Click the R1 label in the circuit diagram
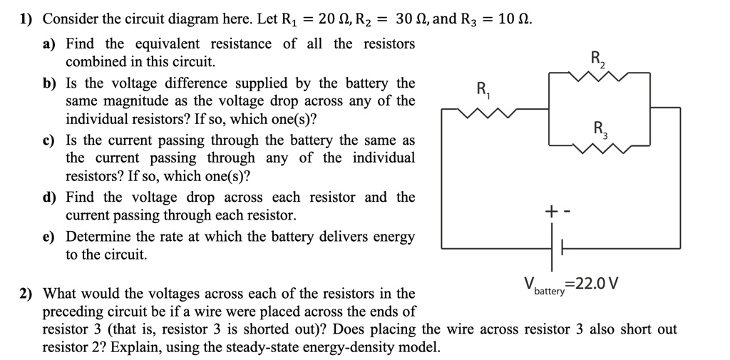coord(483,91)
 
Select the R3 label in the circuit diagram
coord(599,130)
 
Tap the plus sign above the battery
coord(550,212)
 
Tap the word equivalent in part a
coord(165,44)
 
